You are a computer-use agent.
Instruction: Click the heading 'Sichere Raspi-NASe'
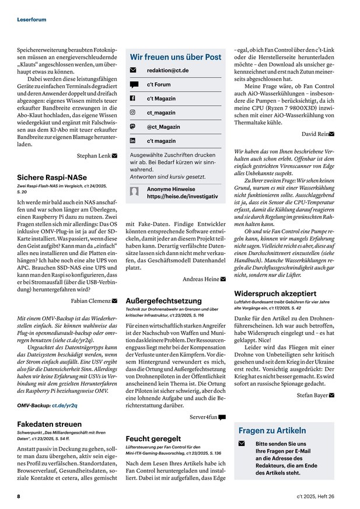[52, 177]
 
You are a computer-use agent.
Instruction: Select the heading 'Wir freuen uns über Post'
[175, 57]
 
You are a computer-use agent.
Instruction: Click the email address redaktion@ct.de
[167, 71]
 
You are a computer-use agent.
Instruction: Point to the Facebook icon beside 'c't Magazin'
[132, 98]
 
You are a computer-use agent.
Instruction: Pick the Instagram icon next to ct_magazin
[132, 112]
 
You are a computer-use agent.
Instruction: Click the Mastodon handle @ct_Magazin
[163, 126]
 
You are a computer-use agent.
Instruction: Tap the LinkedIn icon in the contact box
[132, 141]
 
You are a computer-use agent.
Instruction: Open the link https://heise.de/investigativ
[182, 197]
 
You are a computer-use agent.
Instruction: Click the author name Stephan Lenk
[93, 156]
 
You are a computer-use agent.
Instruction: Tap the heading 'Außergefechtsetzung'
[163, 301]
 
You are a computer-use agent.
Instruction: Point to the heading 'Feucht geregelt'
[153, 438]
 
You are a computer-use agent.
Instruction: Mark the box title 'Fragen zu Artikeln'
[272, 430]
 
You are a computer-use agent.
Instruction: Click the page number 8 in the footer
[19, 496]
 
